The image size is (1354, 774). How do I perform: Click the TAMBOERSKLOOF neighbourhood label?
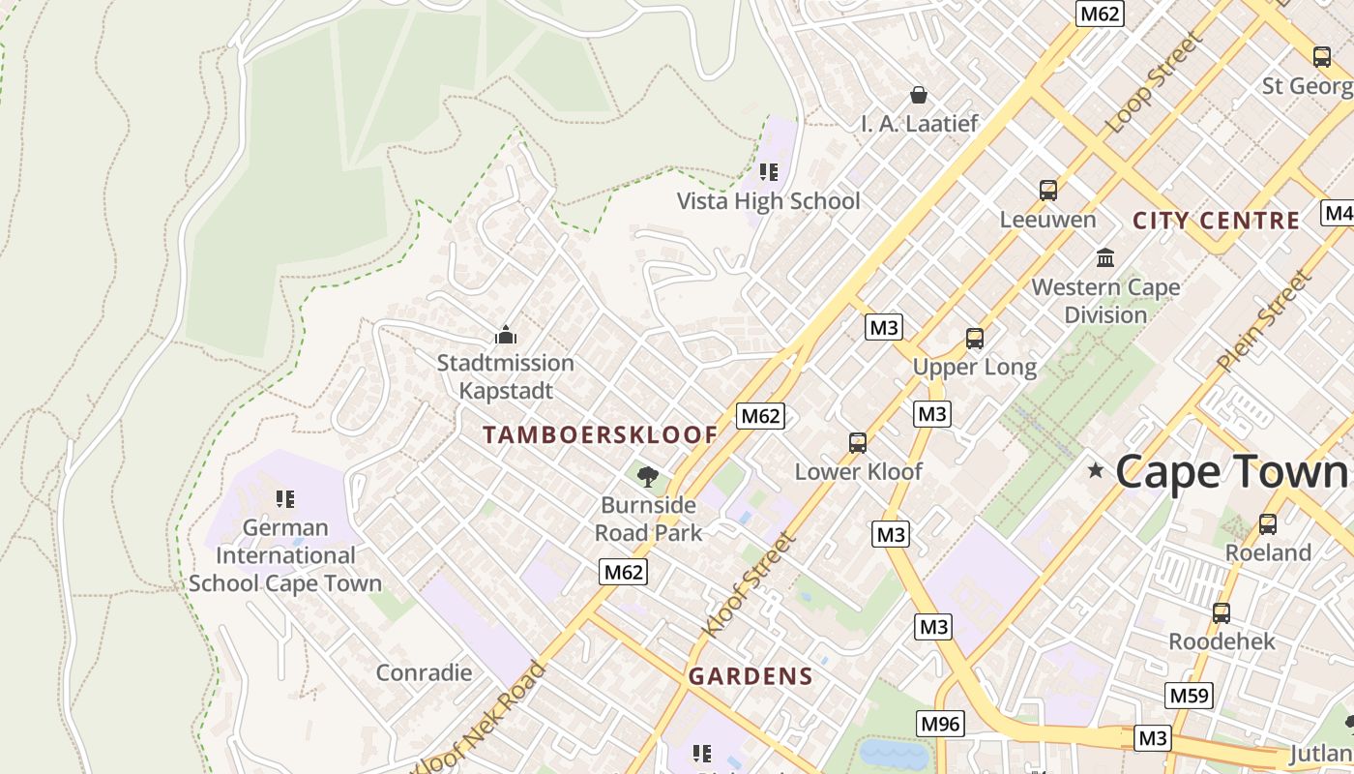point(601,435)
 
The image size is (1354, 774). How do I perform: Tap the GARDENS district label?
point(751,676)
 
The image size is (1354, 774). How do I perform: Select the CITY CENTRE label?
point(1216,221)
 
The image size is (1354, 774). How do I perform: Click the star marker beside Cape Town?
point(1096,470)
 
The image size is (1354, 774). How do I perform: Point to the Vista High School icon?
point(769,172)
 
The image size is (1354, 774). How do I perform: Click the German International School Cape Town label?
point(285,555)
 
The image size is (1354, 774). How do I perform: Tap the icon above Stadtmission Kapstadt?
point(505,336)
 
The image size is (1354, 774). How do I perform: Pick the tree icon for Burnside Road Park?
point(648,475)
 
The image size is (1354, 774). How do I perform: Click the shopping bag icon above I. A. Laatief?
point(919,95)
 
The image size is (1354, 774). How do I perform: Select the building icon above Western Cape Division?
point(1105,257)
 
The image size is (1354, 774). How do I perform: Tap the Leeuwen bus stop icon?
point(1048,191)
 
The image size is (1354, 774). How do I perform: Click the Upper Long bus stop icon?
point(975,339)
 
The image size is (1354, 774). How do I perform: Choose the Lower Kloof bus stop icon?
point(858,443)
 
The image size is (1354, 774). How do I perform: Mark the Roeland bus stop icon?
point(1268,524)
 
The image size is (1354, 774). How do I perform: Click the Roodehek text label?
point(1222,641)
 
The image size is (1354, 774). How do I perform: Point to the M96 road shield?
point(940,723)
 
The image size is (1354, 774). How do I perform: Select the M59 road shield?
point(1189,696)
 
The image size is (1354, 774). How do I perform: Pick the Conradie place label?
point(424,672)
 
